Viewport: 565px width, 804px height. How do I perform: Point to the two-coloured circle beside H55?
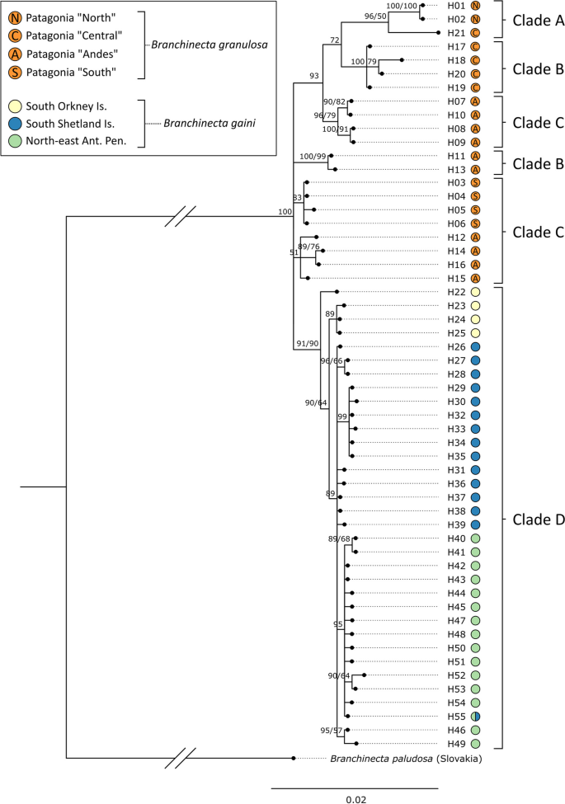click(x=476, y=717)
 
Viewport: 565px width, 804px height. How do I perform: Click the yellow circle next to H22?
click(x=476, y=292)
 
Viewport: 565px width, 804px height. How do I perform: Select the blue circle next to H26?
click(x=476, y=347)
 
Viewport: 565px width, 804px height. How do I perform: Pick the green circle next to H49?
click(x=476, y=744)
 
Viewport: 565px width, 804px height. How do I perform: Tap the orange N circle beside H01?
click(x=476, y=5)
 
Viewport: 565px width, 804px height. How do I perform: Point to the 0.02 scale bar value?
click(x=356, y=798)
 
